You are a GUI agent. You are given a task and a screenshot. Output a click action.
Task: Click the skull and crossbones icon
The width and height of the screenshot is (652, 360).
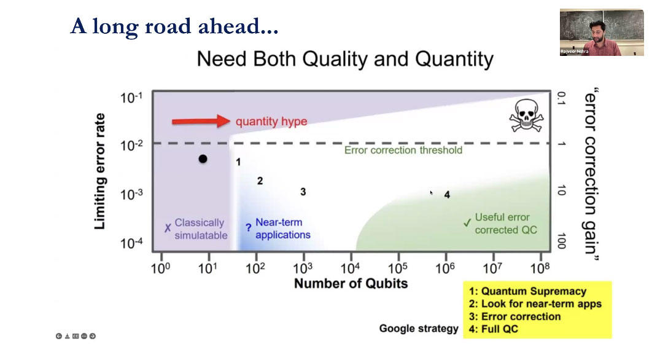coord(526,115)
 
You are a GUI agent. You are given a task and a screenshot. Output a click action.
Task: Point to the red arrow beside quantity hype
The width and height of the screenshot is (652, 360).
coord(201,121)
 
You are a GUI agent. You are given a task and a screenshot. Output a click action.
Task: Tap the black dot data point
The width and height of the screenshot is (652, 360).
coord(203,159)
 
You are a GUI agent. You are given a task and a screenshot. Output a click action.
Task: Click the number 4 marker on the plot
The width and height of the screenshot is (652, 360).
coord(447,195)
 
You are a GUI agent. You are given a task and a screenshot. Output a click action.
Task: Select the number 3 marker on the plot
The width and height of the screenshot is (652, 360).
coord(303,192)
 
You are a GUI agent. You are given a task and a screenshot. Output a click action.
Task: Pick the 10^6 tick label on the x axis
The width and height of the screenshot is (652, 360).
coord(445,268)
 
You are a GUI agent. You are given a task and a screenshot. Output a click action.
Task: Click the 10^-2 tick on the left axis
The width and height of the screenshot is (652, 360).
coord(131,145)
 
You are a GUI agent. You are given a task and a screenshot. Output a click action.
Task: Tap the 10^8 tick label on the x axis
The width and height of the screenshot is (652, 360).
coord(540,268)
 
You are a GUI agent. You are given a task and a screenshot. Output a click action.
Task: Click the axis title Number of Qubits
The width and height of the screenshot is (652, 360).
coord(351,283)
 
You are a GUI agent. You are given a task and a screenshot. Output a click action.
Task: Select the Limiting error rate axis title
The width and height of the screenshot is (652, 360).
coord(100,171)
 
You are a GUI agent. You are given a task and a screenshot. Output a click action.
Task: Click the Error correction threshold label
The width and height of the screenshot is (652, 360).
coord(403,151)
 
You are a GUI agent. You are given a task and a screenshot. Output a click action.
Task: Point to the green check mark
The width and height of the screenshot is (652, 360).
coord(467,222)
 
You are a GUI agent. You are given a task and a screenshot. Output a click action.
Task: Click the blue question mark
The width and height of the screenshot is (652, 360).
coord(248,228)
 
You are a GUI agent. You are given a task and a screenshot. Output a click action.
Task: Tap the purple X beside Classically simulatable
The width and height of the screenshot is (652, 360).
coord(168,228)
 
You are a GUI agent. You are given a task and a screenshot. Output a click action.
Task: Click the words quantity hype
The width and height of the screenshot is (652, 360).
coord(271,122)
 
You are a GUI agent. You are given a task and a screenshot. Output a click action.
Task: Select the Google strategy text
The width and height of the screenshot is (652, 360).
coord(419,329)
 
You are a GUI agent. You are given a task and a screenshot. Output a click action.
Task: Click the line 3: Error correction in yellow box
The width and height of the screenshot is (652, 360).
coord(514,316)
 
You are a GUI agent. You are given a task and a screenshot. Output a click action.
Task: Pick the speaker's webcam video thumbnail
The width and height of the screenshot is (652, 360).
coord(602,33)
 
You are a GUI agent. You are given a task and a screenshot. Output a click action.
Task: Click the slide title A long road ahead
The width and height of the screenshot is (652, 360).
coord(174,26)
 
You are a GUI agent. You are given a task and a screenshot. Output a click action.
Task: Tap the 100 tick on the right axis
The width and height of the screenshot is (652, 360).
coord(561,241)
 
